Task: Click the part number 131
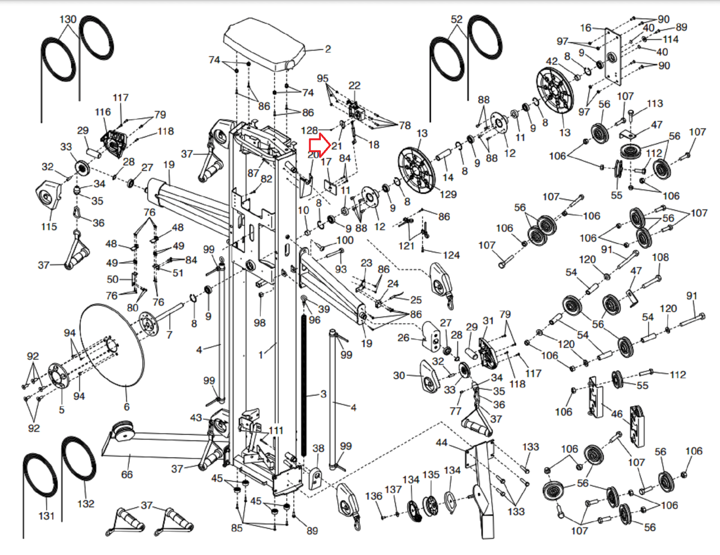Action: pos(46,515)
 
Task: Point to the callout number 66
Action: pos(127,474)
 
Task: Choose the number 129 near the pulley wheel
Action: pos(448,194)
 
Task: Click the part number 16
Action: pos(585,28)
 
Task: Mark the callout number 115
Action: pos(49,226)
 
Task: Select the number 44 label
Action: pos(441,442)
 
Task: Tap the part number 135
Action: pos(431,474)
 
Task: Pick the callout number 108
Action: pos(660,257)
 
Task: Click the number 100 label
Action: pos(345,240)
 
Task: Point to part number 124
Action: pos(451,255)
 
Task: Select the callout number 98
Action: pos(260,322)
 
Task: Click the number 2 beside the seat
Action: pos(328,49)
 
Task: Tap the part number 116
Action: pos(103,112)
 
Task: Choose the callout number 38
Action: pos(318,448)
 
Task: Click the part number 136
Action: pos(373,496)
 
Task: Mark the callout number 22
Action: pos(355,85)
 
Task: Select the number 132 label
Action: pos(85,503)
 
